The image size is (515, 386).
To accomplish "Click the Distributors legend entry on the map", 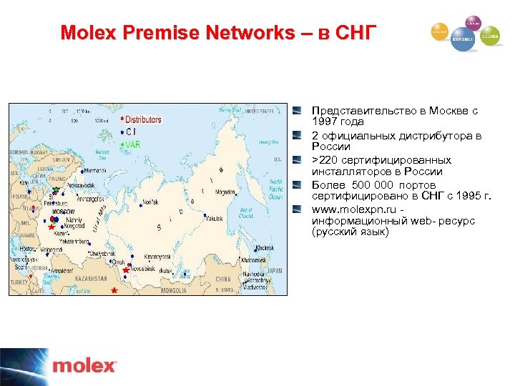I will (142, 120).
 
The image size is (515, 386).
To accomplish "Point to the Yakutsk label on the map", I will (216, 220).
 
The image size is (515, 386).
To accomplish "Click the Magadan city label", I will (242, 191).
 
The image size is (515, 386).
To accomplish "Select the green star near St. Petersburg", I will (57, 190).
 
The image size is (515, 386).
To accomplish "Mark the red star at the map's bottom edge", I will (114, 290).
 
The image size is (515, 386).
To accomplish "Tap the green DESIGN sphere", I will (490, 35).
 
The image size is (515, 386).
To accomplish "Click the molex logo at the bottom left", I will (84, 367).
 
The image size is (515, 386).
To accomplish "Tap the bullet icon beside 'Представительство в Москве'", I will (297, 111).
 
